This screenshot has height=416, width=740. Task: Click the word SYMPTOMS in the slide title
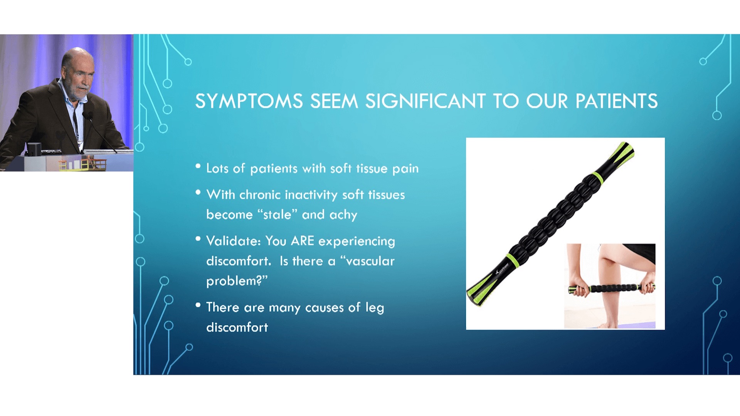tap(249, 101)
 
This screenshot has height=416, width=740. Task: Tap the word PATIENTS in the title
tap(616, 101)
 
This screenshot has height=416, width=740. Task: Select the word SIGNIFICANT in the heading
tap(425, 101)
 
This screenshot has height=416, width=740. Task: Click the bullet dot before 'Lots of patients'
tap(198, 166)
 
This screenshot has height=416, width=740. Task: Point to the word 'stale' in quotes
tap(277, 214)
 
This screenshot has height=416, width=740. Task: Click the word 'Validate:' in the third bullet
tap(234, 241)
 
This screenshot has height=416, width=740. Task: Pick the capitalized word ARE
tap(303, 241)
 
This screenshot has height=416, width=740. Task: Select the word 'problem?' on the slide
tap(234, 281)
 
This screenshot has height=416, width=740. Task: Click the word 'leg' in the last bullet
tap(375, 308)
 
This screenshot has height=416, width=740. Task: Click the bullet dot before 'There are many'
tap(198, 305)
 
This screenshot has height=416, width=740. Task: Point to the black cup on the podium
tap(34, 149)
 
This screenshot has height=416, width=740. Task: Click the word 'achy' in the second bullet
tap(343, 215)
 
